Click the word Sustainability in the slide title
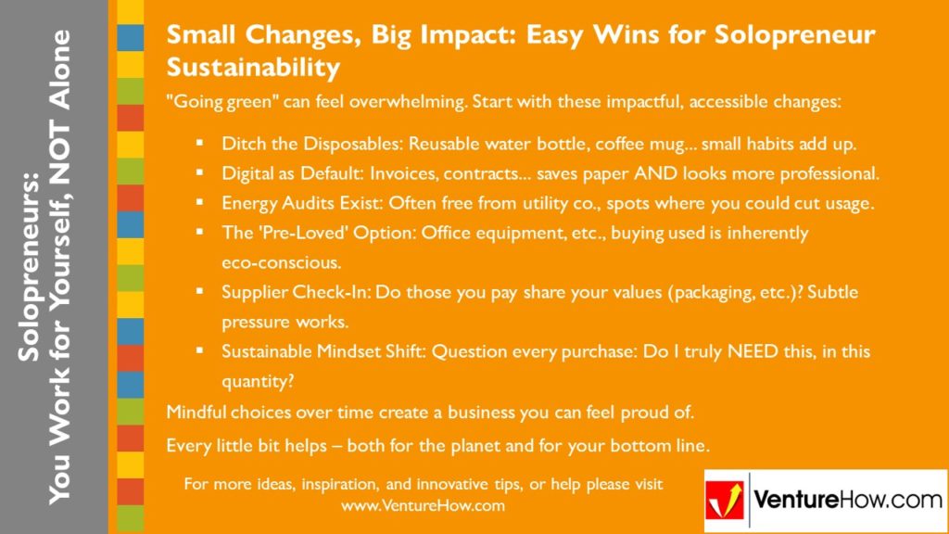(x=253, y=68)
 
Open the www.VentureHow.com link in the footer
(x=423, y=505)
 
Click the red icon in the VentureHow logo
(x=726, y=501)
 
